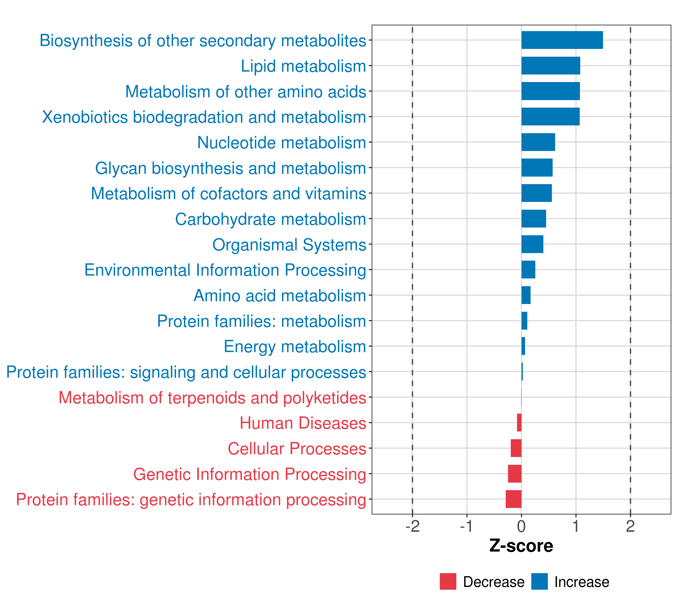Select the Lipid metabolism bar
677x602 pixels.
point(550,66)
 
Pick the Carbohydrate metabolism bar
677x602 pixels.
point(534,219)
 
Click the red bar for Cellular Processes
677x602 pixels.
point(516,448)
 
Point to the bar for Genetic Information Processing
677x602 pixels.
point(515,474)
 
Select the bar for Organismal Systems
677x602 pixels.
point(532,244)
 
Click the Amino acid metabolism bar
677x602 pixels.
point(526,295)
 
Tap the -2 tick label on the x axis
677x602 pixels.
point(412,526)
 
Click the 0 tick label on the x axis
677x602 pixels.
point(521,526)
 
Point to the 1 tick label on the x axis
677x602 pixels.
point(576,526)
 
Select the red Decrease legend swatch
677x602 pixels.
point(448,581)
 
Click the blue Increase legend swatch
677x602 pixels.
point(539,581)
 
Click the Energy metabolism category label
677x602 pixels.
point(295,347)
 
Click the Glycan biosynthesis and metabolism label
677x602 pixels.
point(230,168)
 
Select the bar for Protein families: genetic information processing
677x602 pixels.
point(513,499)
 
